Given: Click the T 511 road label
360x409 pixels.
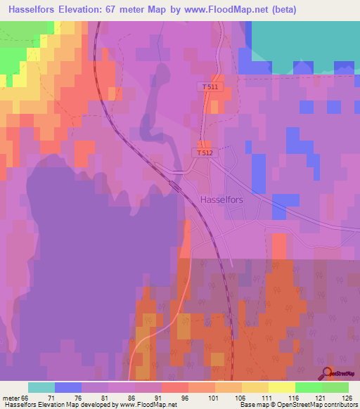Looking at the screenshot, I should click(x=209, y=86).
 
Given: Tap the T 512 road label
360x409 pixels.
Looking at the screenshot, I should click(x=205, y=152).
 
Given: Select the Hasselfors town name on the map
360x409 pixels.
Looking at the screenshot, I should click(x=222, y=200).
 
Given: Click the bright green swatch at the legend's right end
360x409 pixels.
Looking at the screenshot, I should click(x=335, y=387).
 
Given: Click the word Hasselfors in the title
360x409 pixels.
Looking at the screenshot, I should click(x=34, y=10).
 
